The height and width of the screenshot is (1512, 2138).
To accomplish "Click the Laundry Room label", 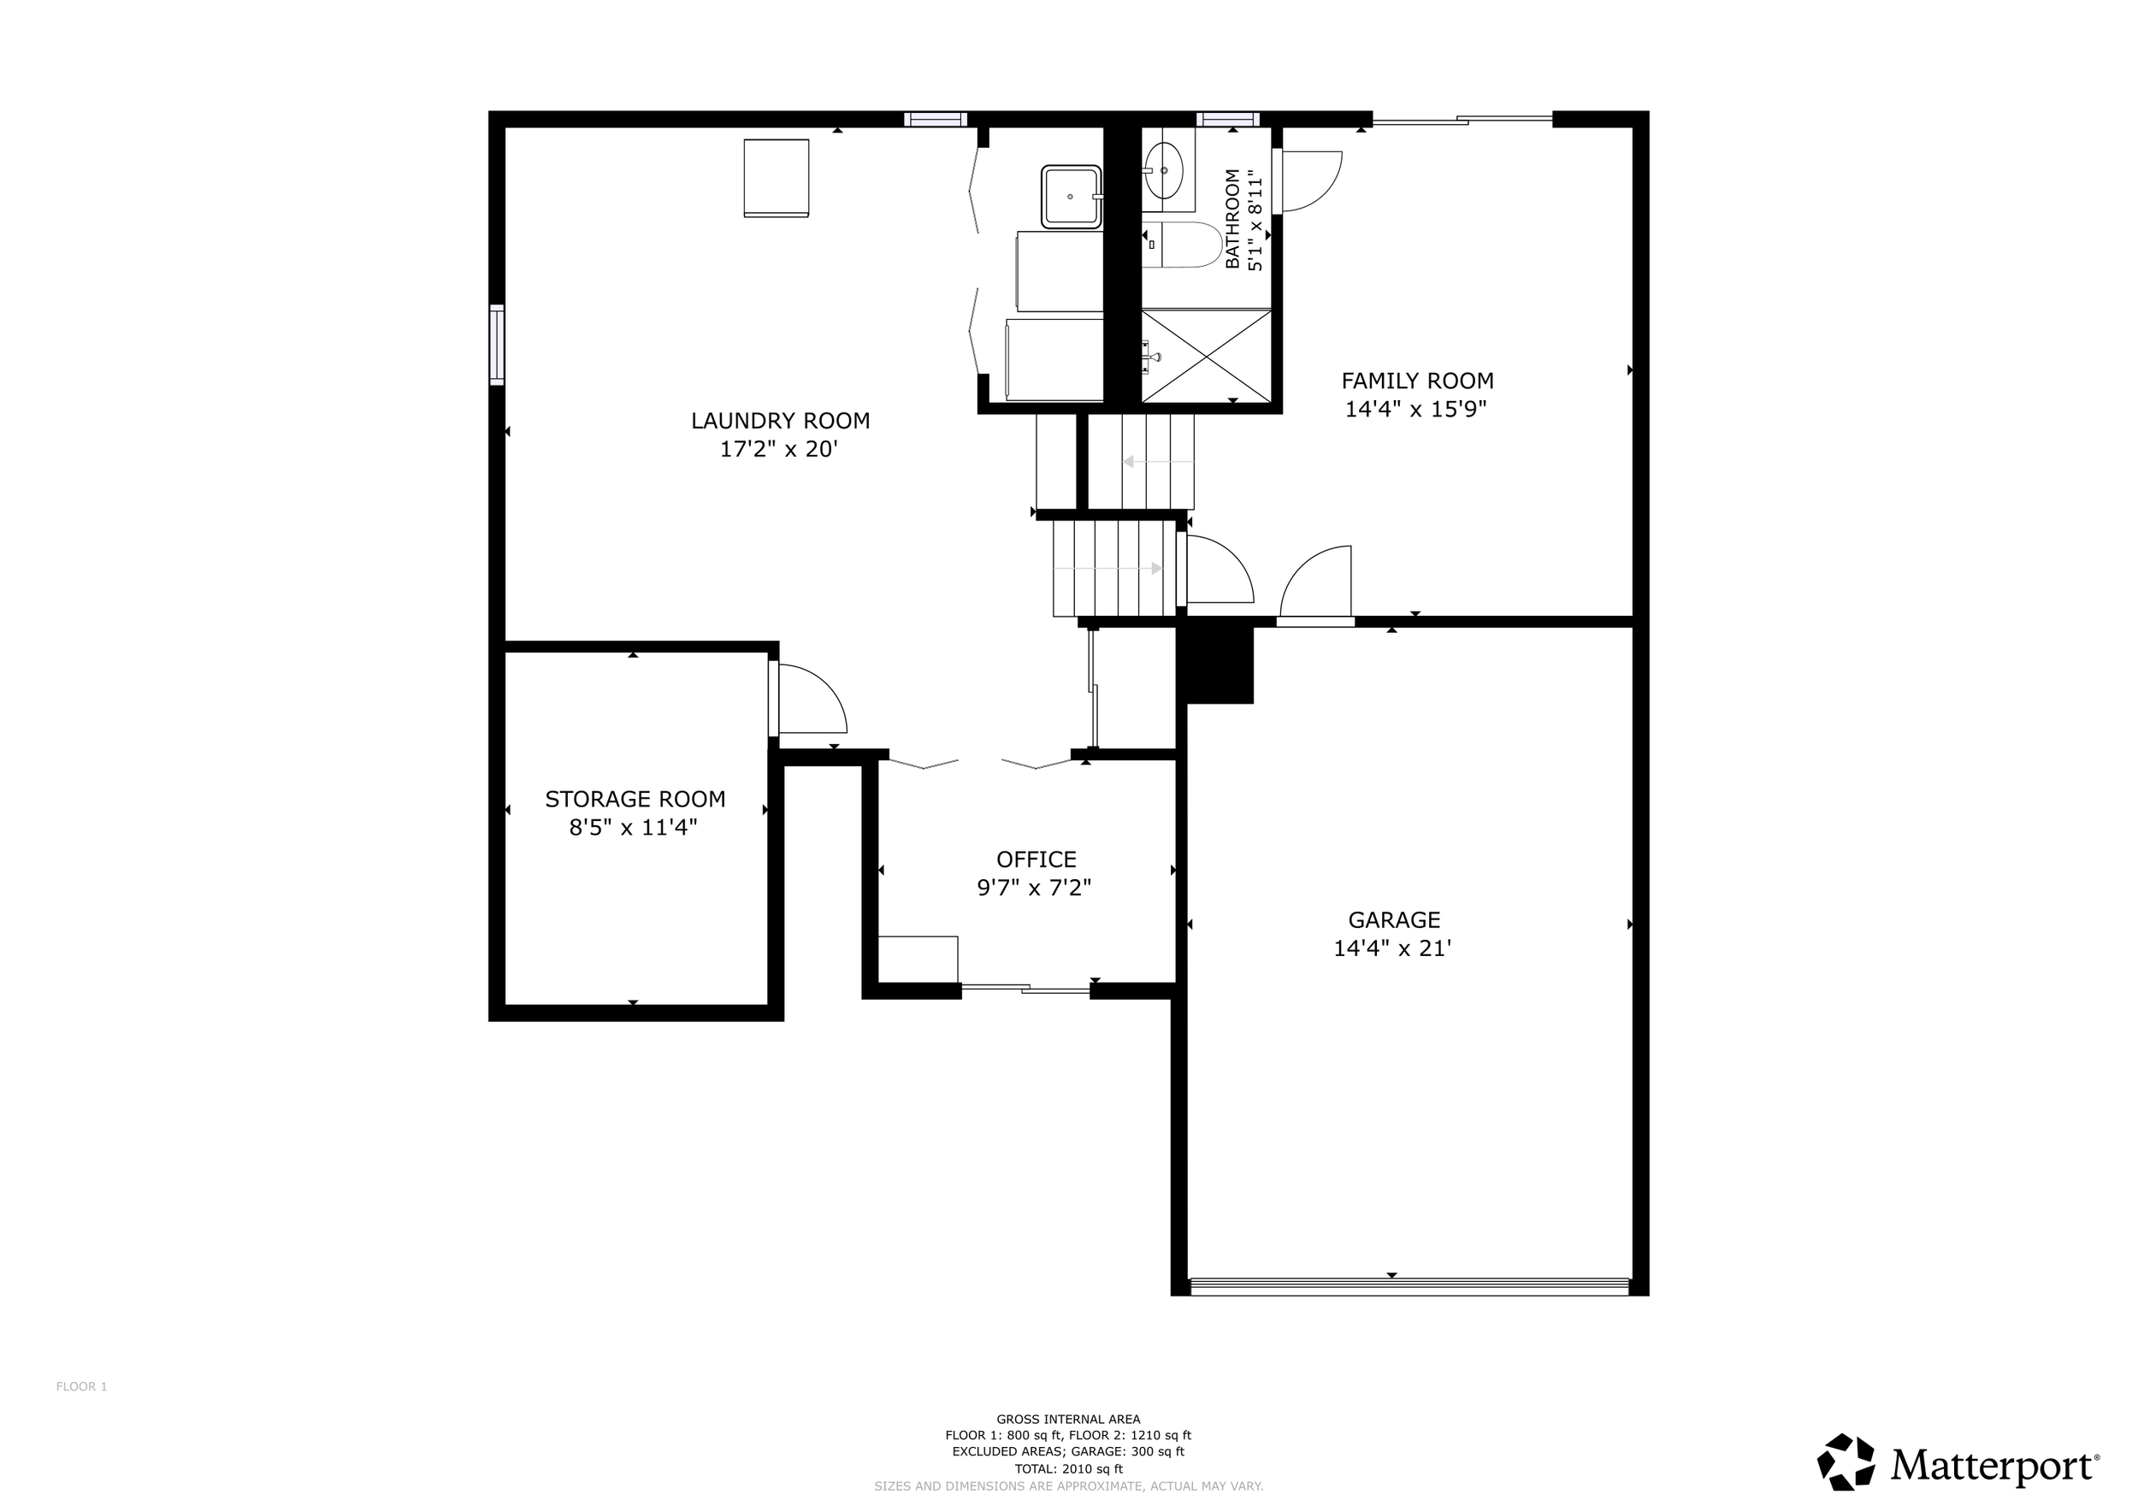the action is (780, 421).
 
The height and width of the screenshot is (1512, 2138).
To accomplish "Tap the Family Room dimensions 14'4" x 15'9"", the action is (1416, 409).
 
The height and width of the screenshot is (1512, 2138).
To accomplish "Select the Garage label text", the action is (1394, 920).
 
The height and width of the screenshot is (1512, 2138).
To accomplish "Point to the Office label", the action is (1037, 859).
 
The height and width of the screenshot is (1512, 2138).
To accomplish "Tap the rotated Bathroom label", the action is (1233, 219).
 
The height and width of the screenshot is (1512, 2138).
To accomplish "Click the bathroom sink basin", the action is (1164, 171).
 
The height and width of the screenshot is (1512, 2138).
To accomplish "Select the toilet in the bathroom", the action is (1181, 245).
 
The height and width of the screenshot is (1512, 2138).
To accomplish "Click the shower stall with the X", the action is (1206, 357).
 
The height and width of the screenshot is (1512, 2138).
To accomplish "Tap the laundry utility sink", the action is (1071, 197).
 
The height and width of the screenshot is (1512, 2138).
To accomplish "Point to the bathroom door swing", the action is (1308, 181).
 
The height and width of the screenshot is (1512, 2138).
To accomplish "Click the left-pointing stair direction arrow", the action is (1157, 462).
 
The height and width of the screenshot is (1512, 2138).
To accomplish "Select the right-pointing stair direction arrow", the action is (1108, 568).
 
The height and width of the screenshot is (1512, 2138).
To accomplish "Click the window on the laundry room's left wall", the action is (497, 345).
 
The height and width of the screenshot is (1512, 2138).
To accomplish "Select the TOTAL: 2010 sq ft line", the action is (1068, 1469).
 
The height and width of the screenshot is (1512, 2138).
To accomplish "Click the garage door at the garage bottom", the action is (1410, 1287).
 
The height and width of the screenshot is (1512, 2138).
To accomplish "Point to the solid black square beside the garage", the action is (1216, 664).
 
